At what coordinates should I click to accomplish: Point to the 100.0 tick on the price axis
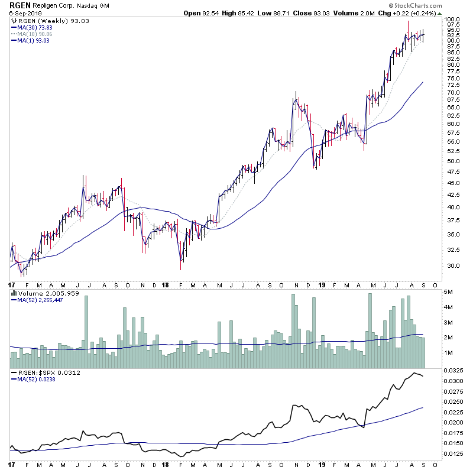(x=453, y=20)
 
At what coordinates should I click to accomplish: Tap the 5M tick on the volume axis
(x=449, y=293)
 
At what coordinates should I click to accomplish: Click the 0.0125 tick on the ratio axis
(x=455, y=454)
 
